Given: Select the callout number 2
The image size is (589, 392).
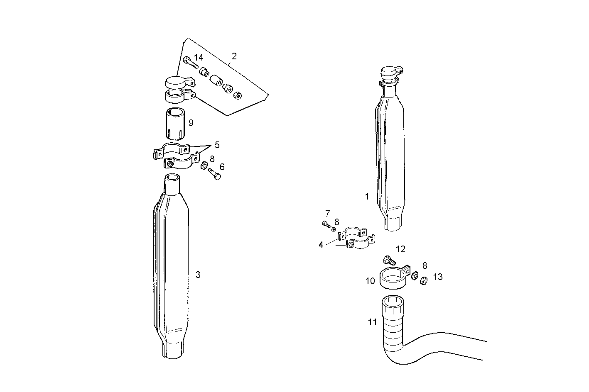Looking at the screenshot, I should [234, 56].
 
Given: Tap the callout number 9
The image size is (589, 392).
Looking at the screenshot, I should [191, 123].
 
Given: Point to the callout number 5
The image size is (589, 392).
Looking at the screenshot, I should [217, 145].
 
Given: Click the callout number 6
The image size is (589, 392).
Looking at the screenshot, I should [222, 167].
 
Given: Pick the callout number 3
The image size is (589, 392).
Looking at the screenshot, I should [198, 275].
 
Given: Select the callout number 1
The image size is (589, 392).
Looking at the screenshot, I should [367, 196].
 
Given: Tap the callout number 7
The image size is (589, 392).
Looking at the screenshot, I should [327, 214].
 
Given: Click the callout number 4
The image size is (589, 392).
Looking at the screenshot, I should [321, 245].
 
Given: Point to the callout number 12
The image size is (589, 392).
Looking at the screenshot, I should [400, 249].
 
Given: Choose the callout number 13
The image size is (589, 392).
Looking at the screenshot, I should [438, 277].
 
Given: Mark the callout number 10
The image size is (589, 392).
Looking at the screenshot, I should [370, 281].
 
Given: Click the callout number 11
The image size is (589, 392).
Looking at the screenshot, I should [372, 322].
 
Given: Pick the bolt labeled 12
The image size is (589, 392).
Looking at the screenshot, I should [388, 261].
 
